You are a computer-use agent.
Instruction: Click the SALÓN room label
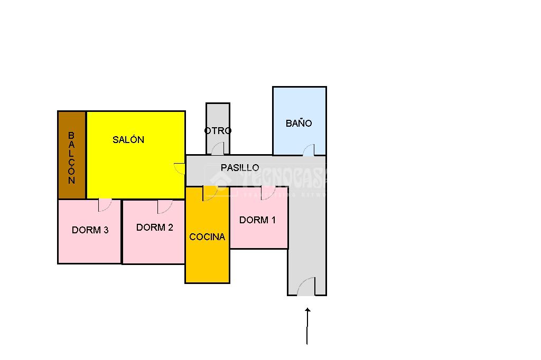click(x=128, y=140)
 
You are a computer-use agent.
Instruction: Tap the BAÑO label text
click(x=299, y=124)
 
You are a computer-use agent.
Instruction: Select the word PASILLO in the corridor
click(x=240, y=167)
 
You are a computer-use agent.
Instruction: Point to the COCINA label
click(x=207, y=237)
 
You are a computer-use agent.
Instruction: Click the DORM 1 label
click(x=257, y=220)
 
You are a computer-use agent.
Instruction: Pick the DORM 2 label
click(x=155, y=228)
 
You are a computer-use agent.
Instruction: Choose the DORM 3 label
click(x=90, y=230)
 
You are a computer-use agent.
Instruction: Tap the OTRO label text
click(x=218, y=131)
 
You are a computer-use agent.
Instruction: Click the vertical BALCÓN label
click(x=71, y=157)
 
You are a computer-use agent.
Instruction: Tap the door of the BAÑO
click(x=309, y=150)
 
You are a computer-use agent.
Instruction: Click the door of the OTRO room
click(x=217, y=149)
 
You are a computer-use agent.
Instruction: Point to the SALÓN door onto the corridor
click(x=180, y=169)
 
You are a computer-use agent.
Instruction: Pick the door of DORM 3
click(x=105, y=205)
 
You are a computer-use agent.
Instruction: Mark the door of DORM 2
click(x=164, y=206)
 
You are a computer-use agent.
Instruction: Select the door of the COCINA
click(x=210, y=193)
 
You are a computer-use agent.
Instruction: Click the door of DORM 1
click(x=268, y=193)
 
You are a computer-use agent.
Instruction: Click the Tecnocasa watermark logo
click(x=269, y=179)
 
